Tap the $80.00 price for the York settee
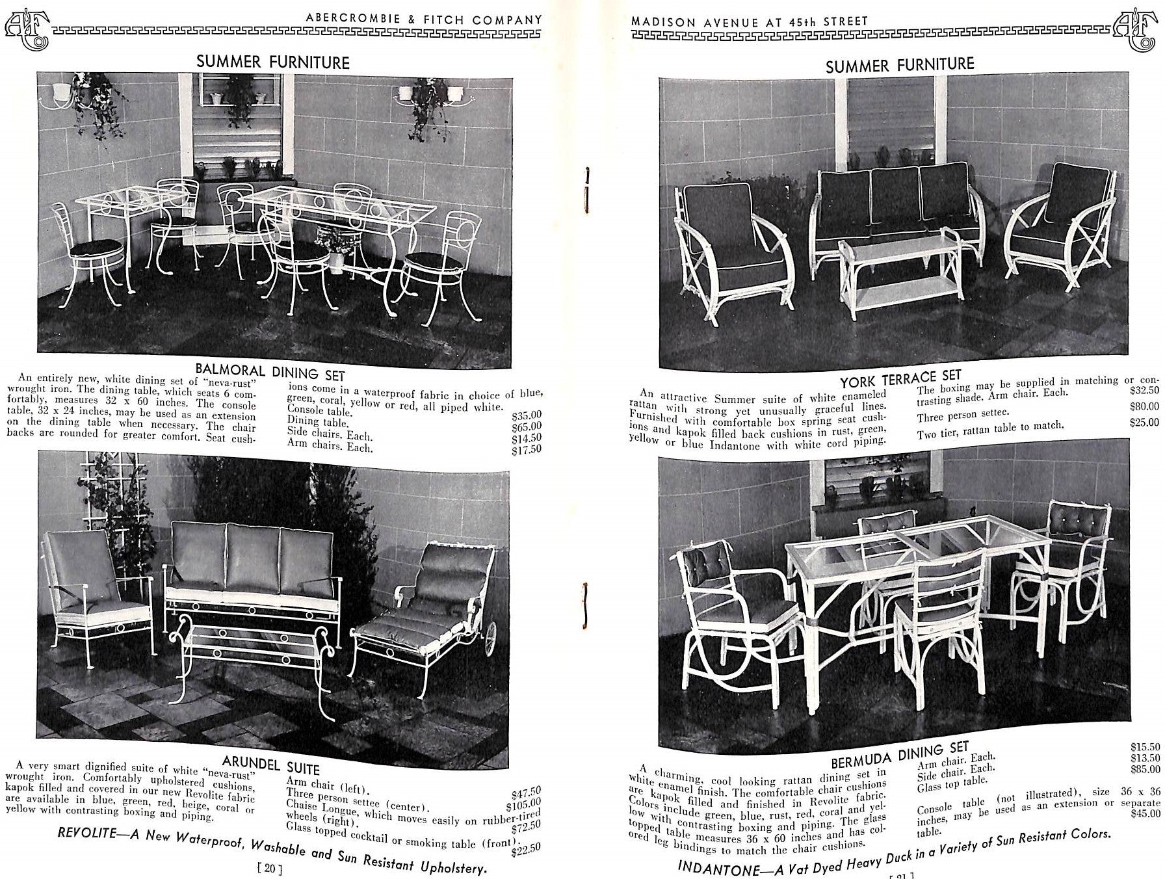[1144, 406]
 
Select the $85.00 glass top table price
[1145, 769]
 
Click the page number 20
[269, 867]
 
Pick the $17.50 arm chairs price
[526, 449]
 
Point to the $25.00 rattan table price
[1144, 422]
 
